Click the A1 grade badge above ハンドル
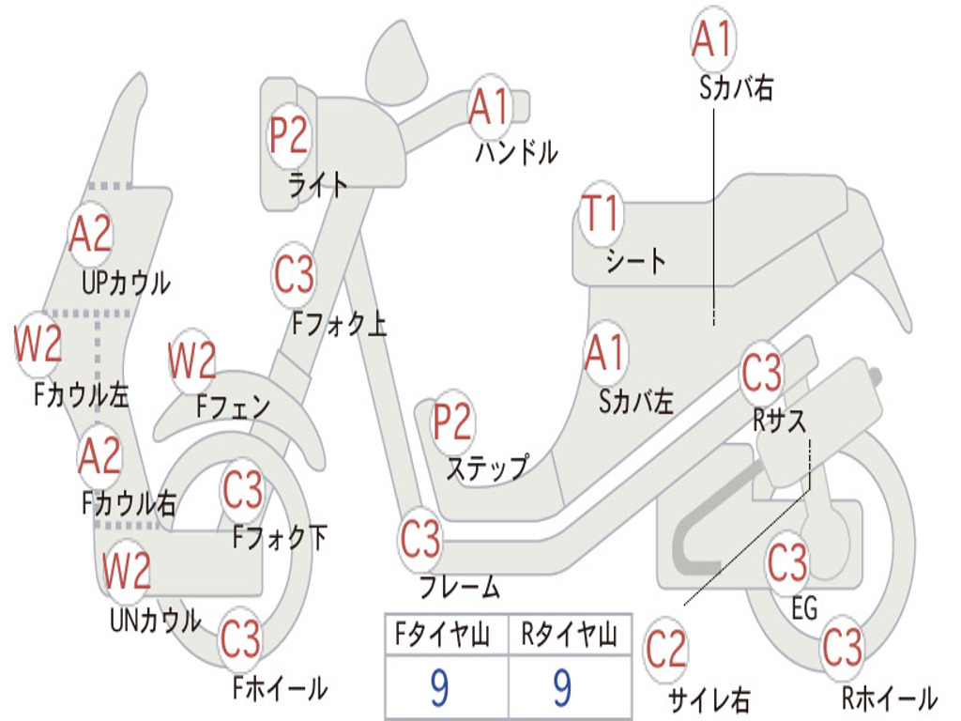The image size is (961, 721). click(x=490, y=107)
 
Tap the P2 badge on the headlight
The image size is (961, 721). click(x=289, y=135)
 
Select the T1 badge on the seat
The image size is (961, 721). click(x=602, y=213)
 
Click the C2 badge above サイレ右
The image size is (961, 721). click(x=665, y=650)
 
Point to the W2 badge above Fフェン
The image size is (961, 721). click(x=192, y=360)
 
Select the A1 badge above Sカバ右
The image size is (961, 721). click(x=713, y=38)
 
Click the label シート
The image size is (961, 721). click(x=635, y=261)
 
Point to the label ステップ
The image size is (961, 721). click(x=487, y=468)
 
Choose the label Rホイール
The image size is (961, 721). click(x=890, y=698)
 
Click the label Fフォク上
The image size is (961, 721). click(x=339, y=323)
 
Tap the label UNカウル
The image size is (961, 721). click(x=155, y=620)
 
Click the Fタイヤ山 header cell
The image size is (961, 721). click(x=447, y=635)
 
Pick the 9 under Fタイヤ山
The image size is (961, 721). click(x=439, y=687)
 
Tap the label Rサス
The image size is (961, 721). click(x=779, y=421)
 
